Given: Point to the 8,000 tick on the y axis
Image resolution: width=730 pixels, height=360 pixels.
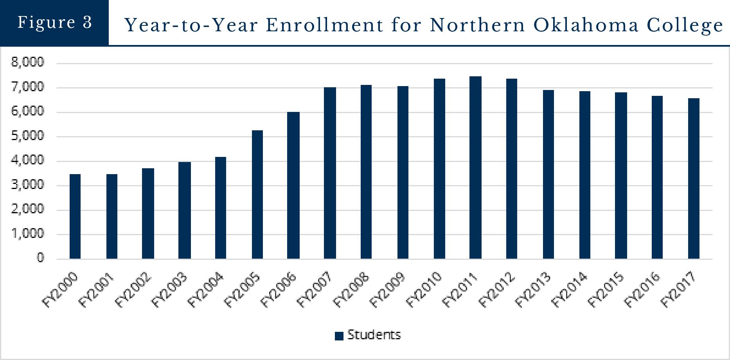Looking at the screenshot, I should coord(28,62).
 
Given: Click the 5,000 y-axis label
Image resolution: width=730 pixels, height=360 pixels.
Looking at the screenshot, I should coord(28,136).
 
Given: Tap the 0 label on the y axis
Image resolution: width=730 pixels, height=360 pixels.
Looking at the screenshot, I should coord(40,258).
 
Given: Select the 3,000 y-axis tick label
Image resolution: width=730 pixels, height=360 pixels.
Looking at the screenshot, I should coord(28,185).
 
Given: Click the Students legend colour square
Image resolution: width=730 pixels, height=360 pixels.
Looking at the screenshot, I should coord(339,336).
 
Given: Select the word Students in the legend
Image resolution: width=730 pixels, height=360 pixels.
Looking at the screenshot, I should coord(374,335).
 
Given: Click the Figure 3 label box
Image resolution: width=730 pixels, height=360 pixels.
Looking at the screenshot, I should coord(54,22).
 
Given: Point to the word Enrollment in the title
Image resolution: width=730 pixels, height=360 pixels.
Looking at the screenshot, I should coord(324,25).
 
